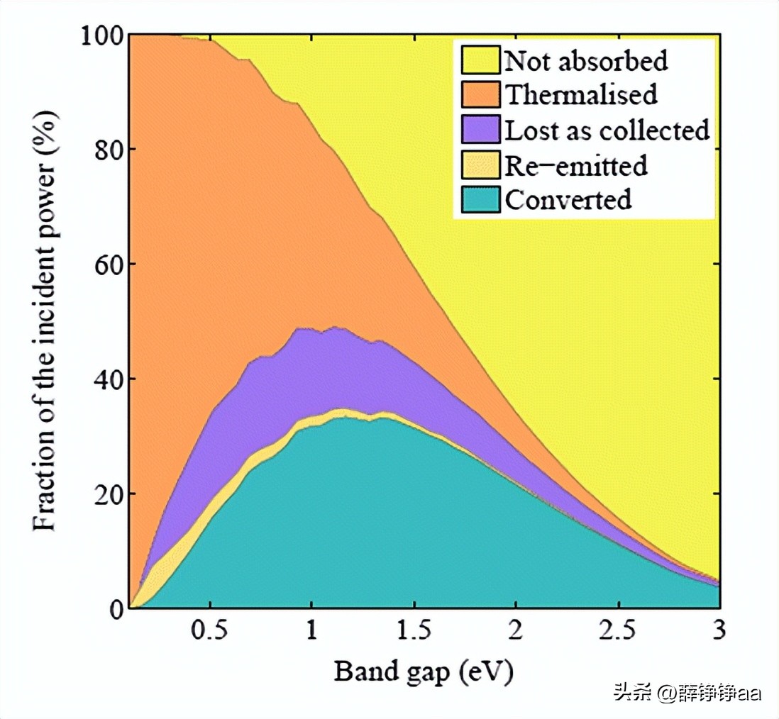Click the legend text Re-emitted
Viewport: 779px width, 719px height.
(575, 165)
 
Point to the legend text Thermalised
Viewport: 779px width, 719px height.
(580, 94)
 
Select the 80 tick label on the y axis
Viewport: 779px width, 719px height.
(106, 150)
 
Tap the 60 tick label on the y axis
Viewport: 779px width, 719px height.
(106, 264)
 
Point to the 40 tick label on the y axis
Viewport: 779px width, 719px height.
(106, 379)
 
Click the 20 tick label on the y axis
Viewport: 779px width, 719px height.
(106, 494)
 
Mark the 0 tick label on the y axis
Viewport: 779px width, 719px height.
(115, 608)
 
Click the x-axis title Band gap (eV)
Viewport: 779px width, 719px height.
(424, 671)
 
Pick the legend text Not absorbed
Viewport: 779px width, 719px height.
(586, 60)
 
